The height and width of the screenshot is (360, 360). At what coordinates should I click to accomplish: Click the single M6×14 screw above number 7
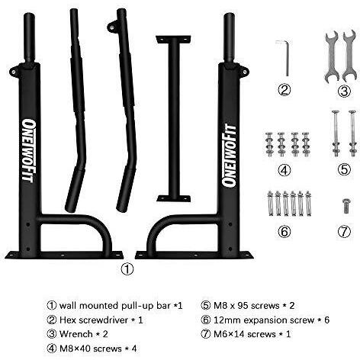tap(346, 206)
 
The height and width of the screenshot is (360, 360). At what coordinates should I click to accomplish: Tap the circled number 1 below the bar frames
tap(127, 269)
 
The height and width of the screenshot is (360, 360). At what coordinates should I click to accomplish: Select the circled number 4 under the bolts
tap(284, 170)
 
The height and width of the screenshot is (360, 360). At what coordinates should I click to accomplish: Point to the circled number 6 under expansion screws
tap(284, 232)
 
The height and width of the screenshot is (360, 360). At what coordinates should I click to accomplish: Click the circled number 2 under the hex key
tap(284, 90)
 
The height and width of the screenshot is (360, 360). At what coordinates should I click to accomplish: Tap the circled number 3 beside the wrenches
tap(344, 92)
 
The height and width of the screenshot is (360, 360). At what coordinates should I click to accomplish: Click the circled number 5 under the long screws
tap(344, 169)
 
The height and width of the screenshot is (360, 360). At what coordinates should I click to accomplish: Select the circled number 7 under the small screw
tap(344, 232)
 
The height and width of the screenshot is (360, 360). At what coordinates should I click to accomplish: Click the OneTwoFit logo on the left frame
tap(27, 150)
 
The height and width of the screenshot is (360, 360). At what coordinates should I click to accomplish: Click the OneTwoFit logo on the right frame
tap(228, 156)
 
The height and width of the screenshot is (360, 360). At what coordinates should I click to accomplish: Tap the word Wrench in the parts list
tap(76, 334)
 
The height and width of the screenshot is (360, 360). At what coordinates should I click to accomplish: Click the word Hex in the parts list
tap(68, 320)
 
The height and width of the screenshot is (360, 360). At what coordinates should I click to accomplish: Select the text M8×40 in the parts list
tap(75, 349)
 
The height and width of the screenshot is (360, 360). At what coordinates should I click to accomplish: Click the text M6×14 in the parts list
tap(229, 334)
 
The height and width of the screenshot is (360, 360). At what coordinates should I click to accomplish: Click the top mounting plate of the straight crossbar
tap(173, 39)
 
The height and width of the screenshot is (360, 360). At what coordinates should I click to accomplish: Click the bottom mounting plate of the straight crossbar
tap(174, 198)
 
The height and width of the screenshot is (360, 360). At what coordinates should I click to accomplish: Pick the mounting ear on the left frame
tap(14, 72)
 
